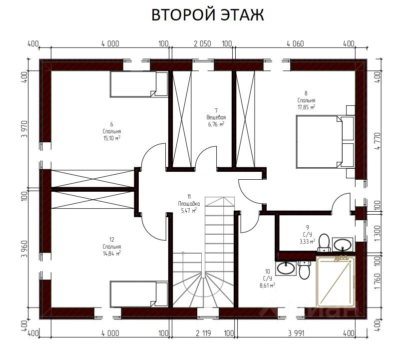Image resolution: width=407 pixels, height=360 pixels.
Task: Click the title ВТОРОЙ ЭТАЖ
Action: coord(207,15)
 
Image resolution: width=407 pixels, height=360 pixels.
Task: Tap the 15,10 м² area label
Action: coord(112,138)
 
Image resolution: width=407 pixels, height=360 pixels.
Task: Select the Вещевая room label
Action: coord(216,117)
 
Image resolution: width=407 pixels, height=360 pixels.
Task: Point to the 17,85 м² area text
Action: coord(307,107)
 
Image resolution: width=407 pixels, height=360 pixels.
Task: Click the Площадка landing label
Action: coord(189,204)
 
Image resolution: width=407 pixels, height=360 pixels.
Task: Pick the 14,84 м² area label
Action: coord(112,253)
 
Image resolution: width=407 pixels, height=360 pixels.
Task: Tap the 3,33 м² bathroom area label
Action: coord(307,241)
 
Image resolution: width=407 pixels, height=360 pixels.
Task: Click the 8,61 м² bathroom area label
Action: coord(267,286)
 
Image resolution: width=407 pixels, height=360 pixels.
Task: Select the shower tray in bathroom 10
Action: coord(336,281)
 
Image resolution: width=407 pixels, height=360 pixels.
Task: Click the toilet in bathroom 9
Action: coord(324,243)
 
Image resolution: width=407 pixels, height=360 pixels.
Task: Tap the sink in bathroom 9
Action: coord(343,245)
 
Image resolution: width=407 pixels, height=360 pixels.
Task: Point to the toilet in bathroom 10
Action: coord(304,270)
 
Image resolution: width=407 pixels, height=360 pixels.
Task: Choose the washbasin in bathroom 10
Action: coord(286,268)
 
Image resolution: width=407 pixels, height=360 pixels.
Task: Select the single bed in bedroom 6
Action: coord(139,84)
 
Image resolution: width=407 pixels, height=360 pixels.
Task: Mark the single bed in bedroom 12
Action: coord(139,294)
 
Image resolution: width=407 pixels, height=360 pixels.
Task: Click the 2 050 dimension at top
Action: coord(202,43)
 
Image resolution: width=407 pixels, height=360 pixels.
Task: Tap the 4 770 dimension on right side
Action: coord(378,141)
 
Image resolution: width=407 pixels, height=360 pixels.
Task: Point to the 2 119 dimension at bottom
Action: coord(203,333)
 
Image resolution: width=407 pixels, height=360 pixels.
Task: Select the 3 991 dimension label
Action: coord(296,333)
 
